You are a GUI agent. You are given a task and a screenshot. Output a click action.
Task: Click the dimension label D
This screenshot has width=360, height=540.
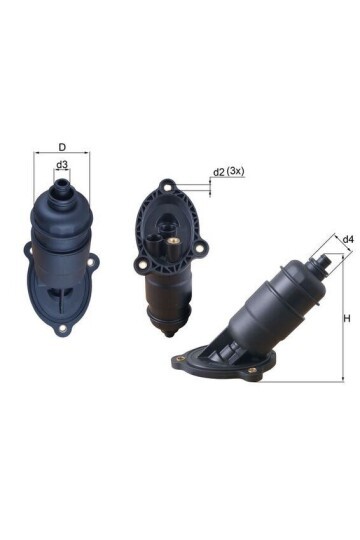(x=62, y=147)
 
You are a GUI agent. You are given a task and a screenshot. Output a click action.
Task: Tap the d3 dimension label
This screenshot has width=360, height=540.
(x=62, y=165)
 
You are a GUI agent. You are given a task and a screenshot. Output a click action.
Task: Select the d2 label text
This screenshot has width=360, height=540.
(x=219, y=172)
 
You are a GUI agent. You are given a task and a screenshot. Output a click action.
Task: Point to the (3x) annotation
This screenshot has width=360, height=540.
(x=236, y=171)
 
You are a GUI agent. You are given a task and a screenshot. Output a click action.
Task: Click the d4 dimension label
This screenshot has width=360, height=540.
(x=348, y=239)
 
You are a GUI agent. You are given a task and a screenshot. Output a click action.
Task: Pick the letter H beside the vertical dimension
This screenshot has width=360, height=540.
(x=347, y=319)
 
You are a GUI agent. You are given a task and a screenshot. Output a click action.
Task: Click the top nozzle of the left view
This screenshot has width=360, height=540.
(x=62, y=188)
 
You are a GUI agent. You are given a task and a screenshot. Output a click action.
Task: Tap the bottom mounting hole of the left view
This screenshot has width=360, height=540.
(x=63, y=329)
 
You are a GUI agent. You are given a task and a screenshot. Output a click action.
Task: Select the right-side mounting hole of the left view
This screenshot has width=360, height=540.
(x=91, y=262)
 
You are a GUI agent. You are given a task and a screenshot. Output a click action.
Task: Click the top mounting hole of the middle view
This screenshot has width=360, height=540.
(x=168, y=188)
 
